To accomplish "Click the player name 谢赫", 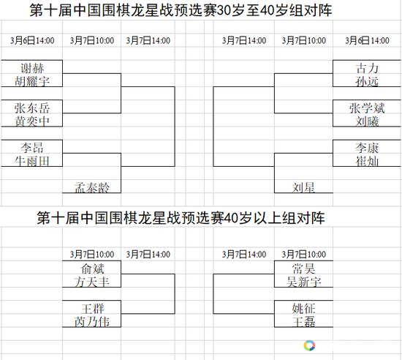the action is [32, 68].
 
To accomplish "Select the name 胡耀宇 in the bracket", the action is [32, 81].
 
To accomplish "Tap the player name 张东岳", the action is [32, 108].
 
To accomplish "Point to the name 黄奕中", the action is [32, 121].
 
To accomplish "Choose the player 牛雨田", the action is [32, 161].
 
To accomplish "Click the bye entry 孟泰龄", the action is [92, 187].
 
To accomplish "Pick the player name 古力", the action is [367, 68].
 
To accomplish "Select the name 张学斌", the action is [367, 108].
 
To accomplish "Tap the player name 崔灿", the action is [367, 161].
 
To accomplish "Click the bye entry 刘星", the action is [303, 187].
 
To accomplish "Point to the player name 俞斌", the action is [92, 269].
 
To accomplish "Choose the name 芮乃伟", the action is [92, 321].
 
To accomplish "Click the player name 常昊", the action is [303, 269].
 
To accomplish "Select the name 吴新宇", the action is [303, 282].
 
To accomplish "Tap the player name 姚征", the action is [303, 309].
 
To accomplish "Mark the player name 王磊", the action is [303, 321].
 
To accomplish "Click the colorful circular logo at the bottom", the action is [309, 345].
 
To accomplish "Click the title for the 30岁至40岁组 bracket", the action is [181, 10].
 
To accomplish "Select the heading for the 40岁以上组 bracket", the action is [181, 217].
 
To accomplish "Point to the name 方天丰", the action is [92, 282].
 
